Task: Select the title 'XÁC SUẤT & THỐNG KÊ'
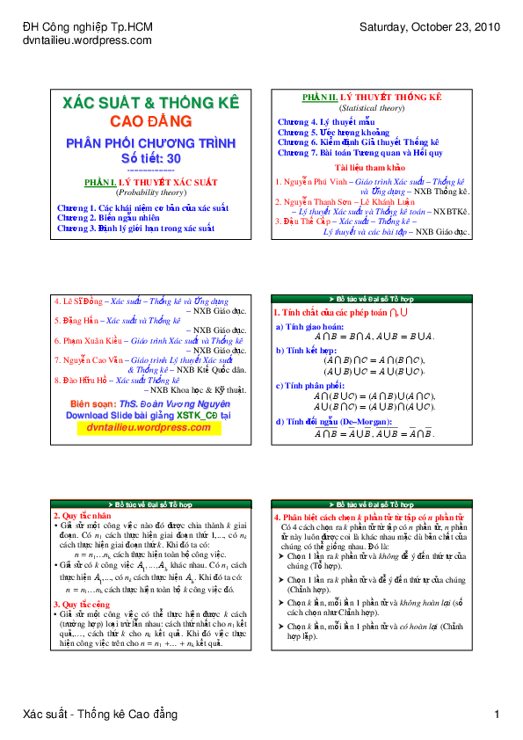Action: click(x=150, y=103)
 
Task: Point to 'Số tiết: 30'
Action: click(x=150, y=157)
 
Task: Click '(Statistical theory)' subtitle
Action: click(x=372, y=108)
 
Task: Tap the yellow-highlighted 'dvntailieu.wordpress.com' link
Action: click(x=150, y=427)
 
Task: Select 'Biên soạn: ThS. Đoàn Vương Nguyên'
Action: click(x=150, y=403)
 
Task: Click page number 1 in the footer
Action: click(x=497, y=714)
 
